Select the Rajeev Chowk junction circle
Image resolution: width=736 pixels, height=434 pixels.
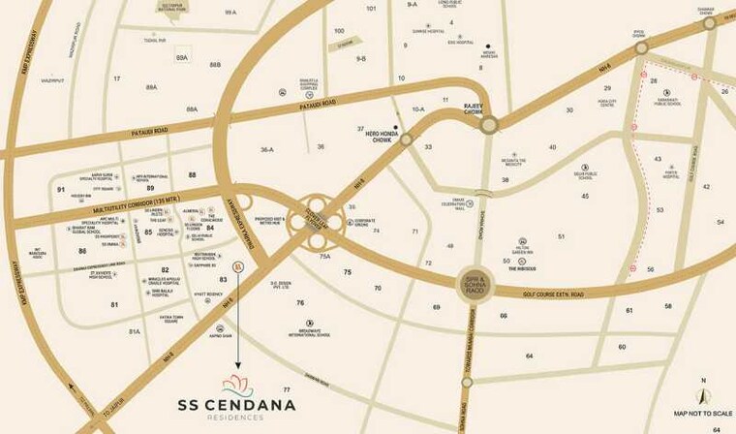[x=489, y=123]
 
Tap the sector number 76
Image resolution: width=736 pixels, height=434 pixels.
[x=300, y=303]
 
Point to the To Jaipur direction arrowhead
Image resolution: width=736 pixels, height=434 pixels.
[x=76, y=388]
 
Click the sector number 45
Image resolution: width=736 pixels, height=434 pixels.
[x=585, y=196]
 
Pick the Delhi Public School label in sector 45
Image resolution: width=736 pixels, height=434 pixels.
[x=584, y=175]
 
